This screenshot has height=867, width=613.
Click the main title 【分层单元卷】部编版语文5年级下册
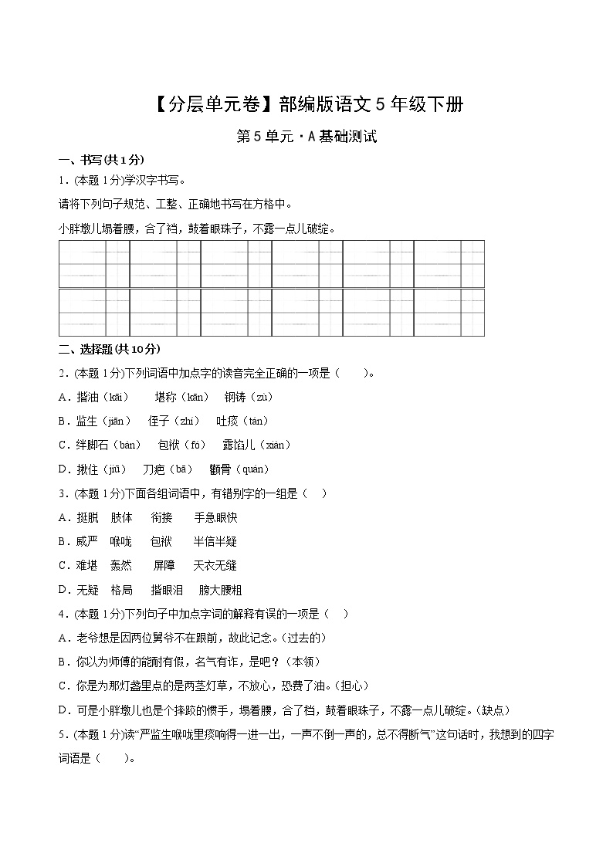tap(306, 104)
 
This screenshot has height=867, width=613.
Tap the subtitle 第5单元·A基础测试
tap(306, 137)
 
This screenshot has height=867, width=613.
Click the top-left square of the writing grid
tap(93, 264)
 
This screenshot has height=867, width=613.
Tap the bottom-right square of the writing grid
tap(449, 313)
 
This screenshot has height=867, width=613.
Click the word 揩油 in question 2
tap(87, 397)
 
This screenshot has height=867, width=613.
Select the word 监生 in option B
tap(86, 421)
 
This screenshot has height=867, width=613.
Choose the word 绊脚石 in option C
tap(93, 445)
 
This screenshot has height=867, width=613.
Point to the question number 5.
tap(61, 734)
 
